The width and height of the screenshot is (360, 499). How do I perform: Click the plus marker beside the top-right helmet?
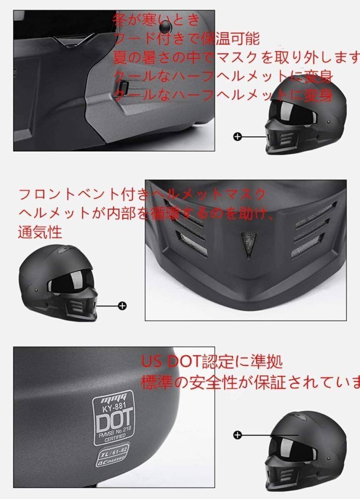click(x=237, y=136)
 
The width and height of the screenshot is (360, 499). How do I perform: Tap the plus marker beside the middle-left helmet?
click(x=122, y=306)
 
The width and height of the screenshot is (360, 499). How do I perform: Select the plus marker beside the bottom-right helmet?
click(x=238, y=435)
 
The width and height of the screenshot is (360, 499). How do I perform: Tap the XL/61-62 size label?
click(x=112, y=450)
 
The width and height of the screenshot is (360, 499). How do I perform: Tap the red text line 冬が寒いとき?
click(x=156, y=20)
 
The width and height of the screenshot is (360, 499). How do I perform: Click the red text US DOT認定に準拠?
click(x=211, y=361)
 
